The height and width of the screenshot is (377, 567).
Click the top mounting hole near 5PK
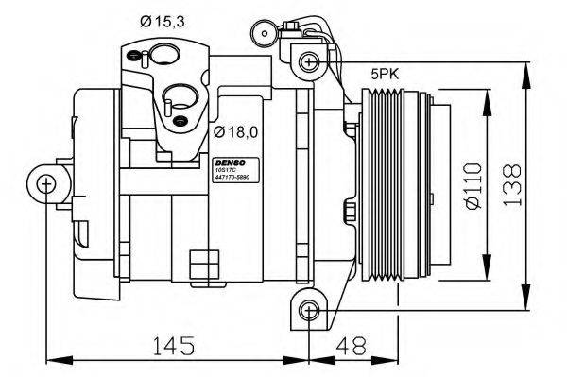pos(308,62)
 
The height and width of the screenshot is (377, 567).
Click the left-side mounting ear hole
pos(45,184)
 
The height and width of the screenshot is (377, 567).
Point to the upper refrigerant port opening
pos(166,56)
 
